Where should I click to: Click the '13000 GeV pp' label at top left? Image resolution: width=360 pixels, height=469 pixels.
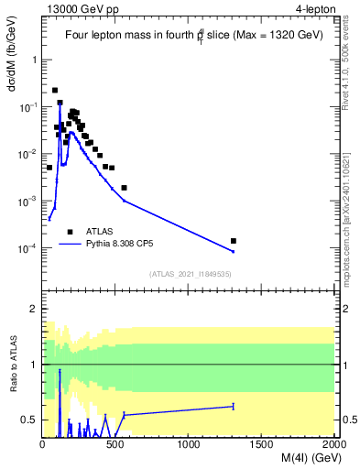(x=81, y=9)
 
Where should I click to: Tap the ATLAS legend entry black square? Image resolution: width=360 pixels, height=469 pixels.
(x=70, y=232)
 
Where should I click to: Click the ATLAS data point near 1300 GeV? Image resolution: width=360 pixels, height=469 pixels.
(x=234, y=241)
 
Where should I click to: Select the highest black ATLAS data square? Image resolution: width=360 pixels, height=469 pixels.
(x=55, y=91)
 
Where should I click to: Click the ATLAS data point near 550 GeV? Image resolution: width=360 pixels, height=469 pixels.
(x=124, y=188)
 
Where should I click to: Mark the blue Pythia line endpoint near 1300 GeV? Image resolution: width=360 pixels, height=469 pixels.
(x=234, y=252)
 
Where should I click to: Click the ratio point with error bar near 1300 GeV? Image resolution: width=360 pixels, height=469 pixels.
(x=234, y=406)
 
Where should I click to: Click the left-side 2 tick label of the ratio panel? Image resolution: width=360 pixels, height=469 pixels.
(x=33, y=310)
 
